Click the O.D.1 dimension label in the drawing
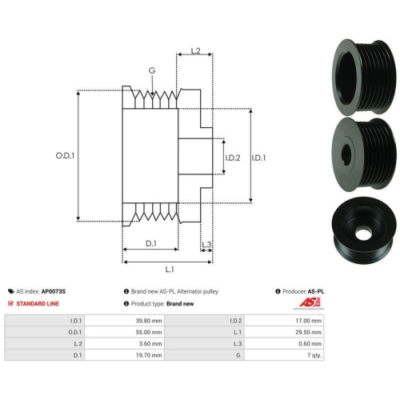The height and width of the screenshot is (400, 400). (65, 155)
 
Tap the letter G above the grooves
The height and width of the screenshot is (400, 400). (152, 70)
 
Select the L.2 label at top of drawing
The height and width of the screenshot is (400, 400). (195, 50)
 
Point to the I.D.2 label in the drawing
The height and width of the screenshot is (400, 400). (233, 158)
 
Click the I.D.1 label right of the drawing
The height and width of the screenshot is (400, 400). (258, 158)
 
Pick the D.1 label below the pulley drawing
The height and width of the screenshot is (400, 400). (151, 243)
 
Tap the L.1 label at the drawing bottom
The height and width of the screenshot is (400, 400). (170, 270)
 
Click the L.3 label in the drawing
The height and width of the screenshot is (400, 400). (206, 244)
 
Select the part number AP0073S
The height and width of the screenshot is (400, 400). (54, 291)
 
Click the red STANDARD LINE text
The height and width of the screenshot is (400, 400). (38, 303)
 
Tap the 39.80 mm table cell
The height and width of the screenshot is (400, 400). (125, 321)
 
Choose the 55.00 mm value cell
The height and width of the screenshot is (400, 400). (125, 332)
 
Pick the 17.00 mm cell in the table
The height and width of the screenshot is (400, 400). (284, 321)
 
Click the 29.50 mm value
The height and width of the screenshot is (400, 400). (284, 332)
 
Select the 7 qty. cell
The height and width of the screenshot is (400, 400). (284, 355)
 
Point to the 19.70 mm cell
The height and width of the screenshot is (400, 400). (125, 355)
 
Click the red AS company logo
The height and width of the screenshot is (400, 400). (310, 302)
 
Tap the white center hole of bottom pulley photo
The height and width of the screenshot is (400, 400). (362, 234)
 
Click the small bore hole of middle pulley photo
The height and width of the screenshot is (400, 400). (346, 154)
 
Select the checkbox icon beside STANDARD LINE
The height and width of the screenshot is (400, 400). (10, 303)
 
